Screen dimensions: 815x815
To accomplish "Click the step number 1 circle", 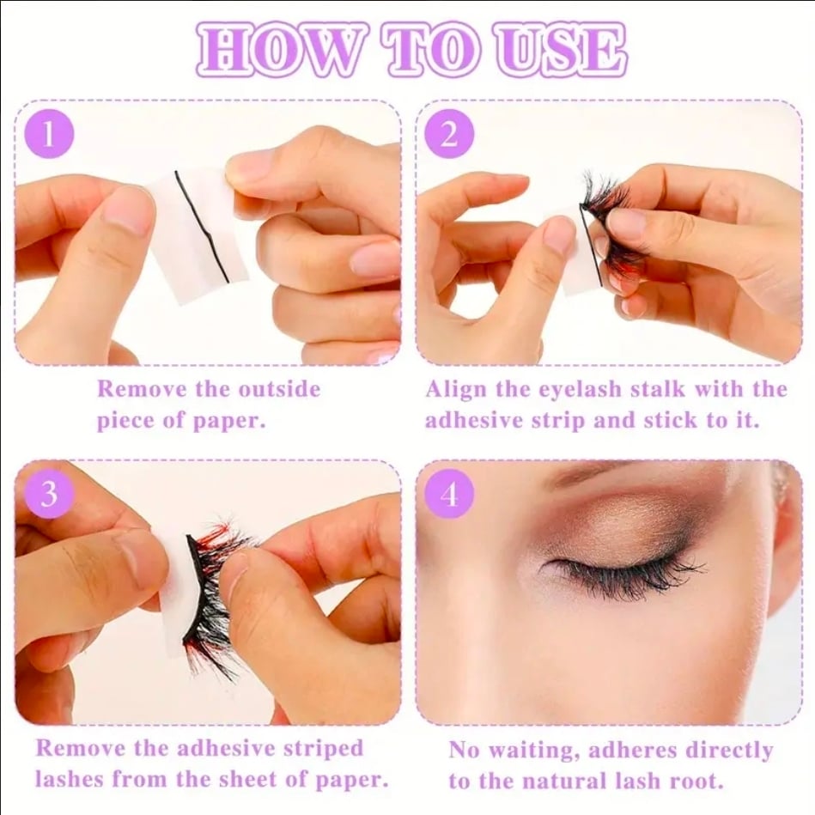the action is pos(49,134).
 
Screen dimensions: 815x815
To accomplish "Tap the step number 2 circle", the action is pos(449,134).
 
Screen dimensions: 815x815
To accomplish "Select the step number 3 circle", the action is pos(49,493).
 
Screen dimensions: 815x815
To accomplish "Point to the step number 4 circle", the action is pos(449,493).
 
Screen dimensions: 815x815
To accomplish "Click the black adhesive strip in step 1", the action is pos(202,226).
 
